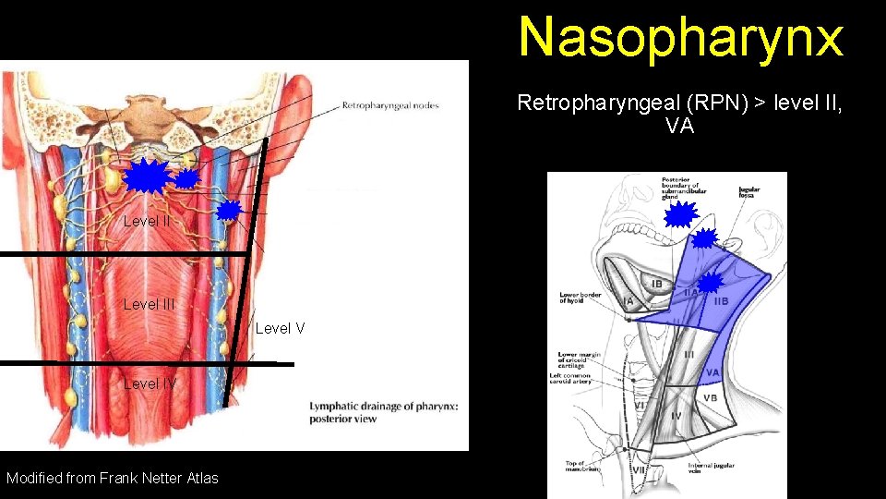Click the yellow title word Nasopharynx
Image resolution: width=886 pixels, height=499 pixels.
pos(681,37)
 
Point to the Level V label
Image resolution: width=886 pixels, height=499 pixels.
pos(280,328)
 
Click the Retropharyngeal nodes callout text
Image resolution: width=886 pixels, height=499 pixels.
pos(390,105)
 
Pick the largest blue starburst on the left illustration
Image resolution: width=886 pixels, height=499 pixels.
pos(146,176)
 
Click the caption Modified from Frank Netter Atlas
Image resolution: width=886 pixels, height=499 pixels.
pos(113,478)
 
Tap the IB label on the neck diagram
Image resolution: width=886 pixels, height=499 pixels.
pos(657,284)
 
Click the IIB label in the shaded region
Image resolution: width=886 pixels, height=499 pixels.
pos(721,300)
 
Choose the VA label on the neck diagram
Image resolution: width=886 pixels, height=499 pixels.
pos(712,373)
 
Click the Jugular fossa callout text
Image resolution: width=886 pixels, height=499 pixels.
pos(748,192)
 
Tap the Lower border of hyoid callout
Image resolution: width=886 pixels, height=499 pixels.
pos(581,298)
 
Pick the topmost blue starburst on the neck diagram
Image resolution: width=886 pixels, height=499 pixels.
pos(681,215)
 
